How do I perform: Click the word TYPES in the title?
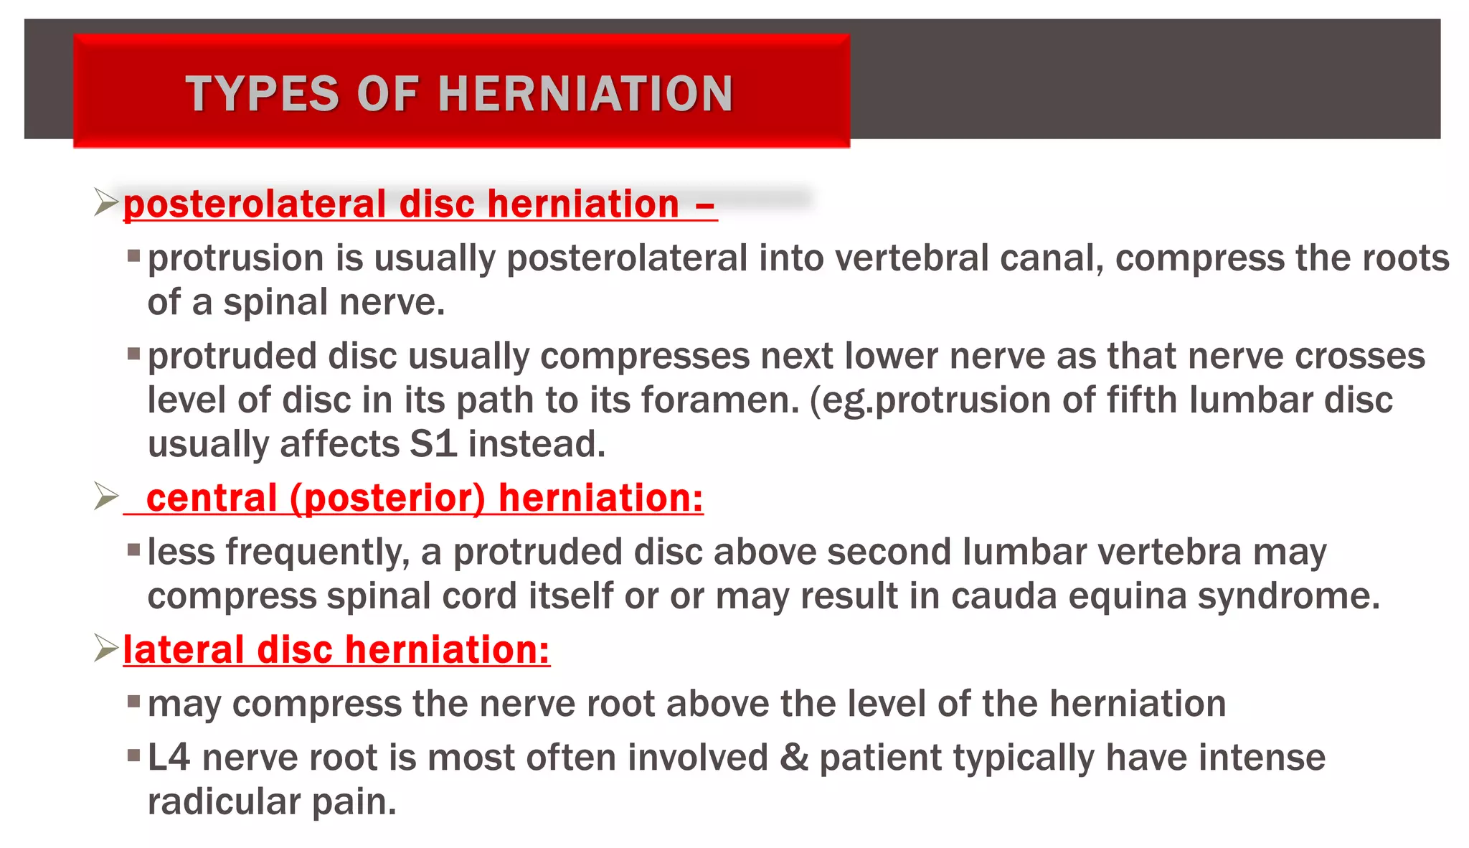pos(262,94)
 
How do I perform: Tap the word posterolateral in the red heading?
pos(255,204)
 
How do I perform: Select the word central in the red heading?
pos(212,498)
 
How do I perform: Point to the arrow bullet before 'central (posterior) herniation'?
pos(106,496)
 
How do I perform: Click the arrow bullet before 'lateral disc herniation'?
pos(106,649)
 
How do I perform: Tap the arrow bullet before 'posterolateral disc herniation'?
pos(106,202)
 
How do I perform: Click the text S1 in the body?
pos(433,444)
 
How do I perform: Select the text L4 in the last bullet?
pos(169,758)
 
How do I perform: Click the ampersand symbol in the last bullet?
pos(793,758)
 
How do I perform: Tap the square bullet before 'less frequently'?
pos(133,550)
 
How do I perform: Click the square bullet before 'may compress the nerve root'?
pos(133,701)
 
